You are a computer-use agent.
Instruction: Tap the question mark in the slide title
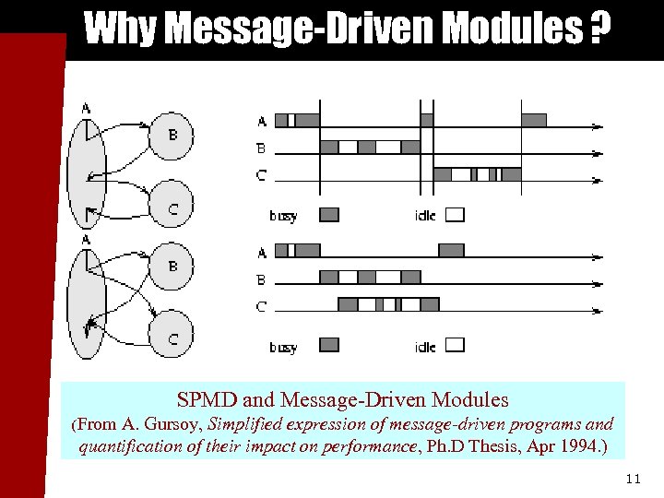pos(599,30)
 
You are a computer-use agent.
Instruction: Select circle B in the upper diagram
pos(172,135)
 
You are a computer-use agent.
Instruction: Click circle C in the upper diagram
pos(172,208)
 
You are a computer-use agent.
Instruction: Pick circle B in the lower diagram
pos(172,266)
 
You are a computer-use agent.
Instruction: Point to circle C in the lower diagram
pos(172,338)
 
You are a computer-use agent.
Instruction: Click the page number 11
pos(632,479)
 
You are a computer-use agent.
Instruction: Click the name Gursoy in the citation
pos(175,425)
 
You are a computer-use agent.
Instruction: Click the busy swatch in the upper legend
pos(329,215)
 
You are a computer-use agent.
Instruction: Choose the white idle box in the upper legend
pos(455,215)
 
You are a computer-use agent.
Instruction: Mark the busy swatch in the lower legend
pos(329,345)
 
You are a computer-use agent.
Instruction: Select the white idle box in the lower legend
pos(455,345)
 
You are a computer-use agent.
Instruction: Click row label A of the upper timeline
pos(261,121)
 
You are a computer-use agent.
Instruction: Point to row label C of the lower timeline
pos(261,306)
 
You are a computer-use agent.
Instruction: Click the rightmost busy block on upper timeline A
pos(534,120)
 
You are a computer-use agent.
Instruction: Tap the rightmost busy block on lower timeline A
pos(451,250)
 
